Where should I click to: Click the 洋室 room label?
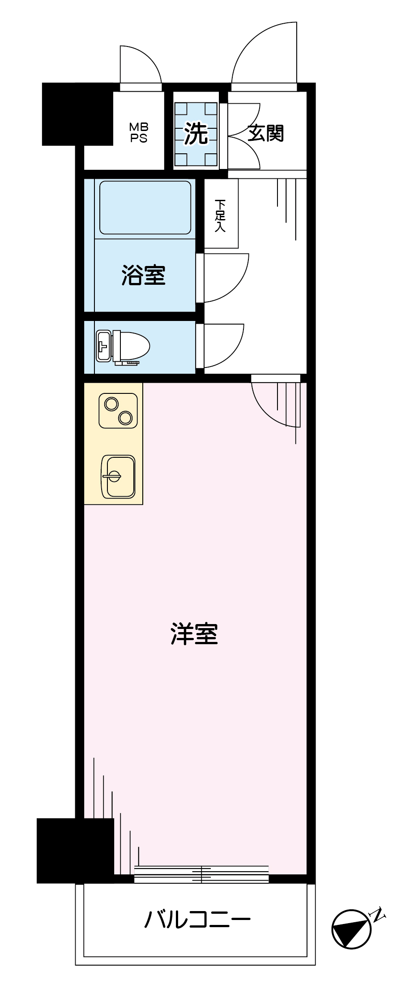[x=194, y=633]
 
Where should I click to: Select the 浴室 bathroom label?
[x=144, y=275]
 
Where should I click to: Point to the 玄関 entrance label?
[x=266, y=133]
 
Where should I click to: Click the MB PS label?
[x=139, y=133]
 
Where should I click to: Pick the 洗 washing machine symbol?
[x=196, y=133]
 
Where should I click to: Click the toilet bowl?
[x=131, y=346]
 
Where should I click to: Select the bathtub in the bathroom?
[x=145, y=207]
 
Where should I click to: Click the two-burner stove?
[x=118, y=411]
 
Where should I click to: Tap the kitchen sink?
[x=118, y=477]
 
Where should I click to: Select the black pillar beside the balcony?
[x=75, y=851]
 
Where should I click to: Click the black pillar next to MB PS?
[x=77, y=114]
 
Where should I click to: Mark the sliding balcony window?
[x=201, y=874]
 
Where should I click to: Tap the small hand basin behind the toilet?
[x=103, y=346]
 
